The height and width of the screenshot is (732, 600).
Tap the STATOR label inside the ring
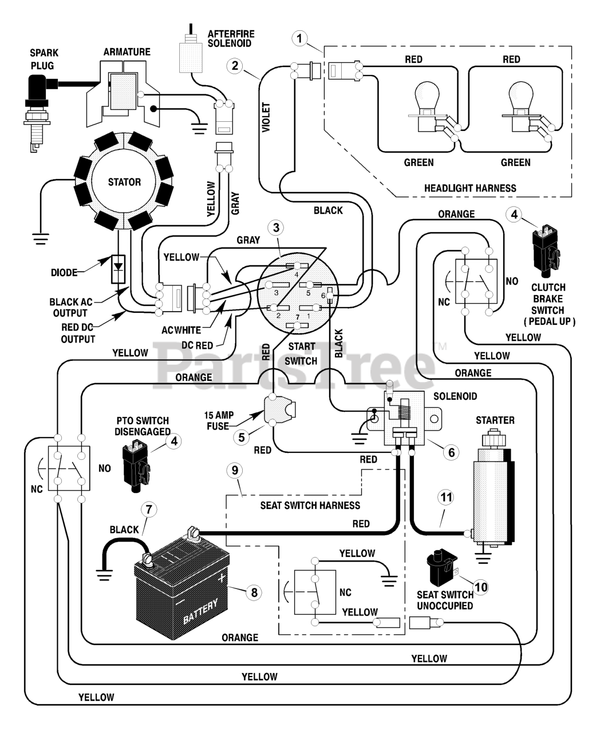[124, 182]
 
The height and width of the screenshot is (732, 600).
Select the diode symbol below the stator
[118, 269]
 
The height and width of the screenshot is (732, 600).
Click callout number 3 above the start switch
[276, 228]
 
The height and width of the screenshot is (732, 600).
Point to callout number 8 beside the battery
[254, 592]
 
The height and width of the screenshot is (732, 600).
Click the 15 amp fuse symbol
[280, 410]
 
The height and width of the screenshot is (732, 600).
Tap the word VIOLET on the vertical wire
[266, 117]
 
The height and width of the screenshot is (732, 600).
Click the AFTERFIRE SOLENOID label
[231, 38]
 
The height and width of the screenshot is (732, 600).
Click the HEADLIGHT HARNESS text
[470, 188]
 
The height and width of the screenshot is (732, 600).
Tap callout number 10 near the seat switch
[481, 587]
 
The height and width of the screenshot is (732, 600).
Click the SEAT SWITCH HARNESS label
[310, 506]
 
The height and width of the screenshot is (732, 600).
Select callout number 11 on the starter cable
[447, 498]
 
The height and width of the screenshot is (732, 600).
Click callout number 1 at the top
[300, 38]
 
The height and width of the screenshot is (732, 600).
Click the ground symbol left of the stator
[41, 238]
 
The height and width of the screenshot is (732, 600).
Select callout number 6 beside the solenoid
[451, 452]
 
